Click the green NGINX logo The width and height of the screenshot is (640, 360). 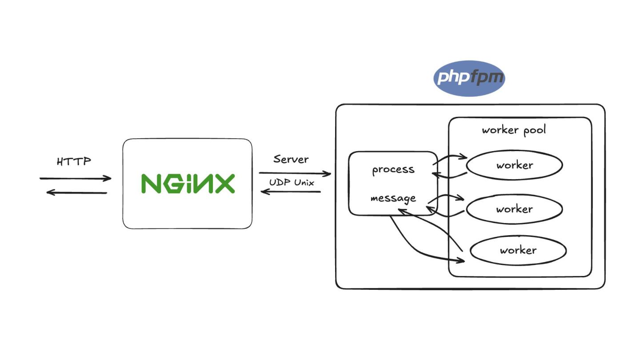tap(188, 183)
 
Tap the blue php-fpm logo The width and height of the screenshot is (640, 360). tap(469, 79)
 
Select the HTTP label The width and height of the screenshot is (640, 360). tap(74, 161)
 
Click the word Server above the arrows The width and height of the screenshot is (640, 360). tap(291, 159)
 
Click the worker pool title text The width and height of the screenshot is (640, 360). tap(514, 130)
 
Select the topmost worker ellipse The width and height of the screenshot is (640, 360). tap(515, 165)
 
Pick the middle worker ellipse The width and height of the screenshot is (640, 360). tap(514, 209)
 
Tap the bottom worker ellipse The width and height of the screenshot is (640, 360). tap(518, 250)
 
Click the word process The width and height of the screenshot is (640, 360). tap(393, 170)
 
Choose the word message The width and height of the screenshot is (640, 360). tap(393, 198)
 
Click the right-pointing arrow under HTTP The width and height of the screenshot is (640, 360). tap(76, 179)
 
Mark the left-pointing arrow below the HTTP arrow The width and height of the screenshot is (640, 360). tap(77, 193)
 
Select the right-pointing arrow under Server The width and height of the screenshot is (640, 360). tap(295, 173)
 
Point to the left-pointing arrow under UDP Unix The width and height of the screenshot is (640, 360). tap(291, 192)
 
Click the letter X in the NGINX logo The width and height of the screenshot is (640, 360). tap(223, 183)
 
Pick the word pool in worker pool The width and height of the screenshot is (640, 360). tap(534, 130)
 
